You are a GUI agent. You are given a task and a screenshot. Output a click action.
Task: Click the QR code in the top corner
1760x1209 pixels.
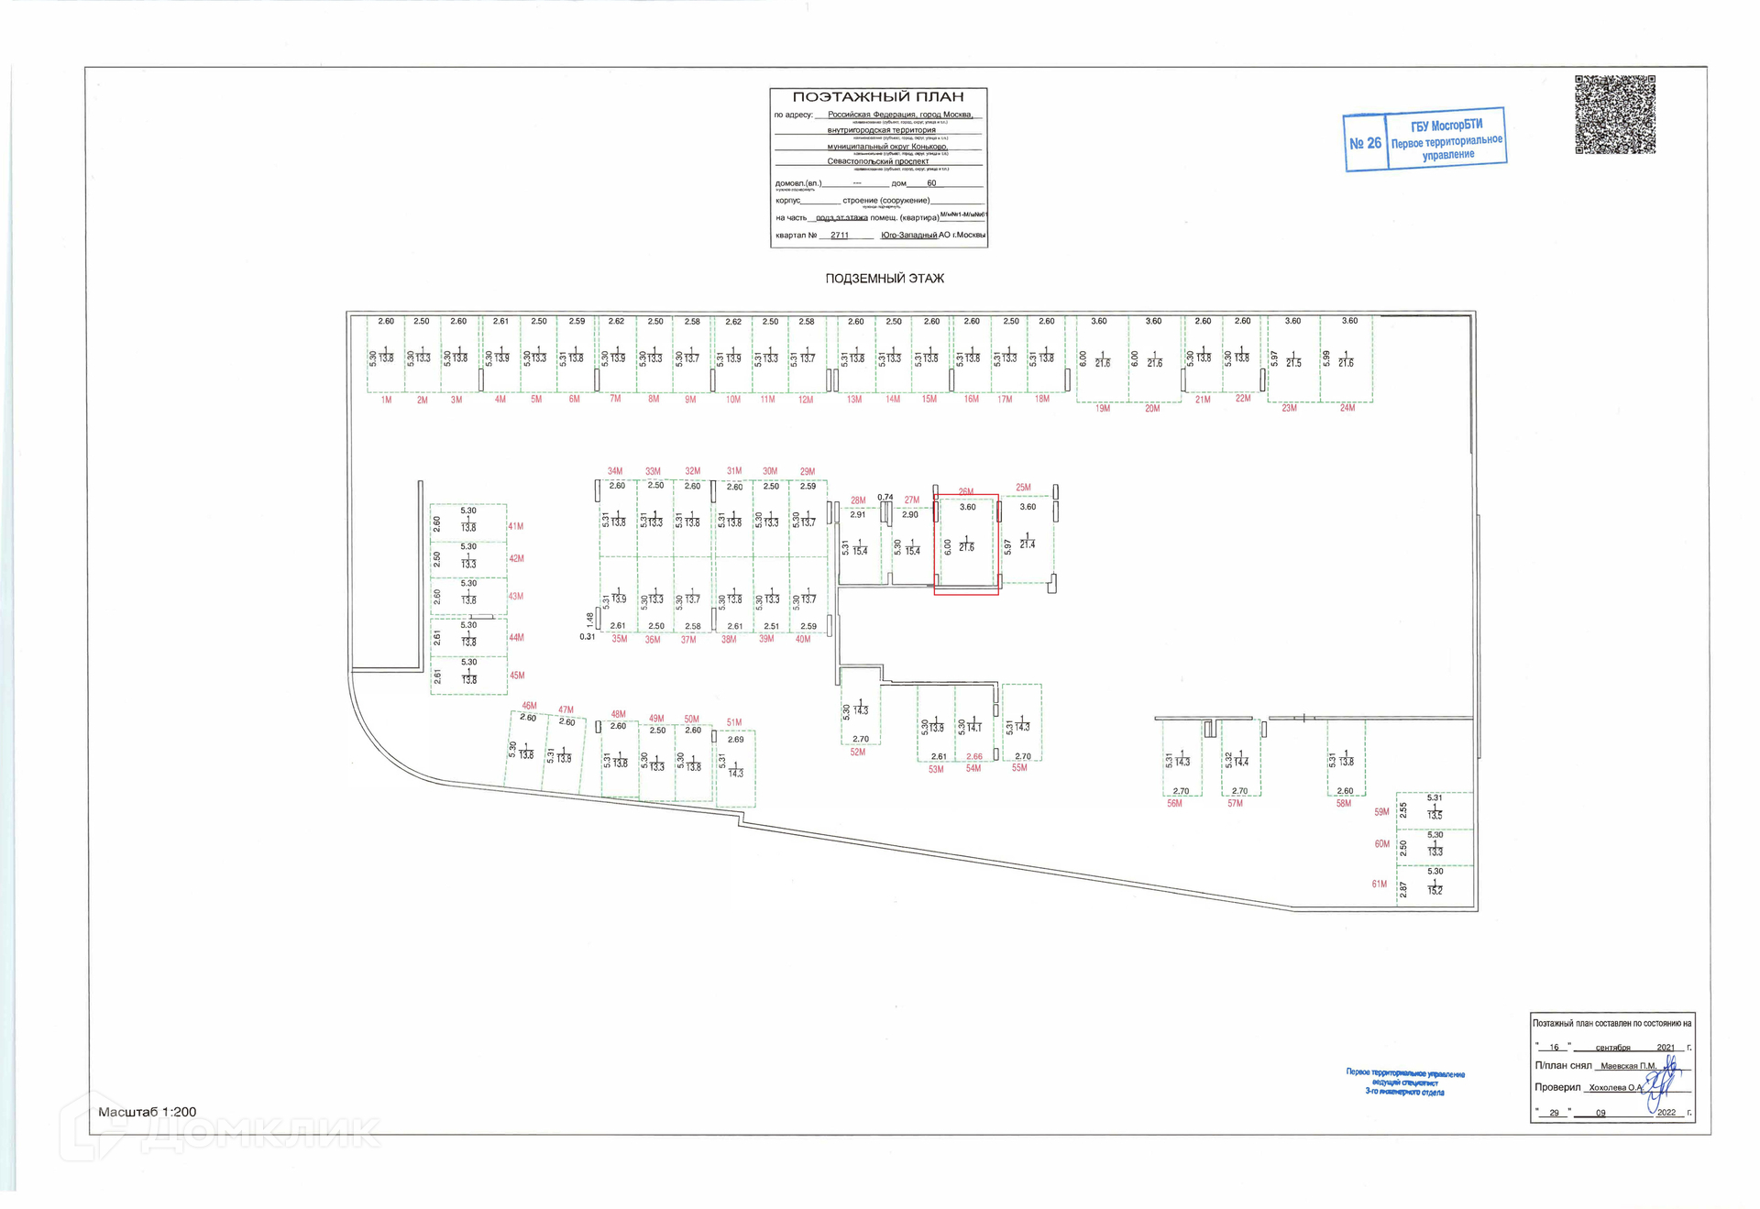pos(1614,115)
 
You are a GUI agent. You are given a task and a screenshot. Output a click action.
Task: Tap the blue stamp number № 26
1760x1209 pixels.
pos(1365,143)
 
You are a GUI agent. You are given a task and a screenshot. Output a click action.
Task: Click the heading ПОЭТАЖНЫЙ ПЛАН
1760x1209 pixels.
pos(877,97)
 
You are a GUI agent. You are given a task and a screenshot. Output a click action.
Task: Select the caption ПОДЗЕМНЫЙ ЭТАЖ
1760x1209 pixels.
pos(884,279)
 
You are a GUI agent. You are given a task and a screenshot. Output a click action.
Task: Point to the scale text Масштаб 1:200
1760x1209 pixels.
pos(147,1112)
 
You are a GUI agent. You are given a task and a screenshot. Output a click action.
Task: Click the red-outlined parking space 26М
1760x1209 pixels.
pos(966,544)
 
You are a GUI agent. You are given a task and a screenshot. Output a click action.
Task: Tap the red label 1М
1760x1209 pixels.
pos(386,401)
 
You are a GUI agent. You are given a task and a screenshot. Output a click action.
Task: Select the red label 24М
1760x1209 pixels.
pos(1347,408)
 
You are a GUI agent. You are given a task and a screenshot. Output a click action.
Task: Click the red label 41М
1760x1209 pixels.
pos(516,527)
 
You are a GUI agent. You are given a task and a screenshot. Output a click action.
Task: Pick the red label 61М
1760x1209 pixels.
pos(1379,885)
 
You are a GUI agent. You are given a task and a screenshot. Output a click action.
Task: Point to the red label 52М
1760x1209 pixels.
pos(857,753)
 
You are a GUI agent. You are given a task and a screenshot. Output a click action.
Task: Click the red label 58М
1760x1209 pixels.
pos(1343,804)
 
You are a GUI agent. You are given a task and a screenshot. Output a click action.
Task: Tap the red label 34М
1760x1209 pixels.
pos(614,471)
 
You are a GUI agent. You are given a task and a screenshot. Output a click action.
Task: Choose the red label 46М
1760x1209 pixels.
pos(529,706)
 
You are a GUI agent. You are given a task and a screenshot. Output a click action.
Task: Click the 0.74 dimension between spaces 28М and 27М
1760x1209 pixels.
pos(885,498)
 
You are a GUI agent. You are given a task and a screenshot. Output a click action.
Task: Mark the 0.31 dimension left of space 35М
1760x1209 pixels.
pos(587,637)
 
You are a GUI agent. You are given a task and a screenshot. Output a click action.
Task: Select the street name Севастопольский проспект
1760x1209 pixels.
pos(877,161)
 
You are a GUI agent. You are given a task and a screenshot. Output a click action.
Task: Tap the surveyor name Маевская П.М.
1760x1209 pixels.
pos(1628,1066)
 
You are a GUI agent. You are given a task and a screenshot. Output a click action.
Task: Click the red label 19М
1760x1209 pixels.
pos(1102,409)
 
